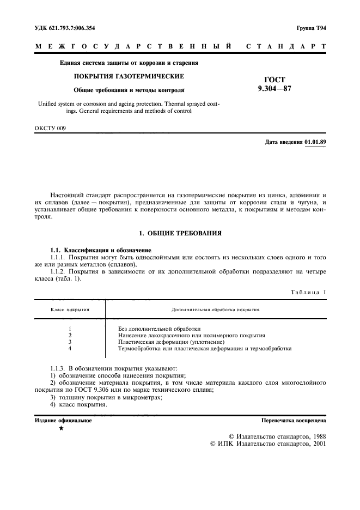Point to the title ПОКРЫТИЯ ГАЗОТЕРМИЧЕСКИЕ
tap(129, 76)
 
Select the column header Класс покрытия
tap(70, 309)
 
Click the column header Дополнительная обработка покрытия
tap(215, 309)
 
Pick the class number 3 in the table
tap(70, 342)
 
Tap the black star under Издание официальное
tap(61, 429)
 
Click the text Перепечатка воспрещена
tap(294, 421)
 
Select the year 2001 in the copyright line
tap(316, 444)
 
